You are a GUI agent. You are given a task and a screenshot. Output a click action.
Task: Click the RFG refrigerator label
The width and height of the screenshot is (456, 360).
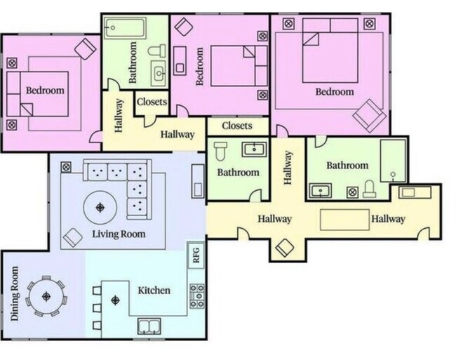(x=196, y=255)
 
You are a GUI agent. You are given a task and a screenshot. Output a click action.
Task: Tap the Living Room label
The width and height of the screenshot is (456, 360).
(x=119, y=234)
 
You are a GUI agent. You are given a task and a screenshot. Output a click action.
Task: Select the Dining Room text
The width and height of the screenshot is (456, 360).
(x=15, y=293)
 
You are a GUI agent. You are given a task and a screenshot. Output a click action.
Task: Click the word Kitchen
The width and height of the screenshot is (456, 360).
(x=154, y=291)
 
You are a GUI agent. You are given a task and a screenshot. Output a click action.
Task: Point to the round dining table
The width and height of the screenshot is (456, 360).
(x=46, y=297)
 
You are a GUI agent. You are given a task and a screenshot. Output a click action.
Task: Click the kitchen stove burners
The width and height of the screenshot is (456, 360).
(x=197, y=296)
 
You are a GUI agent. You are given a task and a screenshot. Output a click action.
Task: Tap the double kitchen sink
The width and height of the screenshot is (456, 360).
(x=149, y=326)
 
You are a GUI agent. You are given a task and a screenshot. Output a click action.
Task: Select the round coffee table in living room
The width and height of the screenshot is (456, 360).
(x=100, y=208)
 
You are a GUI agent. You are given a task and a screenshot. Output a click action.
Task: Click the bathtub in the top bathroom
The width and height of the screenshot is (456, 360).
(x=126, y=28)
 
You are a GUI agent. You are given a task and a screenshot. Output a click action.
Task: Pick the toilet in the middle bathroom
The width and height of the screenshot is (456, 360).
(x=221, y=150)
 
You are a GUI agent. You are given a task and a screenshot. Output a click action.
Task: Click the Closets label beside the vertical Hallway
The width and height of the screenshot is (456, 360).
(x=152, y=102)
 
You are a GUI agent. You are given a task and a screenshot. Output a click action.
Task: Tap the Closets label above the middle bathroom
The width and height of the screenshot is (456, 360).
(x=236, y=126)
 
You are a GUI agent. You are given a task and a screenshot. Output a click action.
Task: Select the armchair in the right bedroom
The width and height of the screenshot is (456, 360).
(x=369, y=116)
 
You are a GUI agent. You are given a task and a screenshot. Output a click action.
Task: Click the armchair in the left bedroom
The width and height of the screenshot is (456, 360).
(x=85, y=49)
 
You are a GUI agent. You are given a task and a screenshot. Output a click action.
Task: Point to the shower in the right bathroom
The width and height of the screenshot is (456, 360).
(x=393, y=161)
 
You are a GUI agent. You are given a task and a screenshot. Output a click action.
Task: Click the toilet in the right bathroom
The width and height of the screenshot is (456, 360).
(x=370, y=189)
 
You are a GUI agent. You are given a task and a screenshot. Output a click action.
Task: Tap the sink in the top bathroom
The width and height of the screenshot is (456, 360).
(x=159, y=73)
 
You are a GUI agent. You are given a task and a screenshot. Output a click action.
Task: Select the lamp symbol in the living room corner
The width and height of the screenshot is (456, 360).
(x=66, y=167)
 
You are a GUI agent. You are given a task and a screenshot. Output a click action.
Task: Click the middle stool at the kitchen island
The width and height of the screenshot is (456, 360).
(x=97, y=308)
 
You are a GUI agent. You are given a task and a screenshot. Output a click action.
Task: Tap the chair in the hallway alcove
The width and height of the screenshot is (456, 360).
(x=284, y=248)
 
